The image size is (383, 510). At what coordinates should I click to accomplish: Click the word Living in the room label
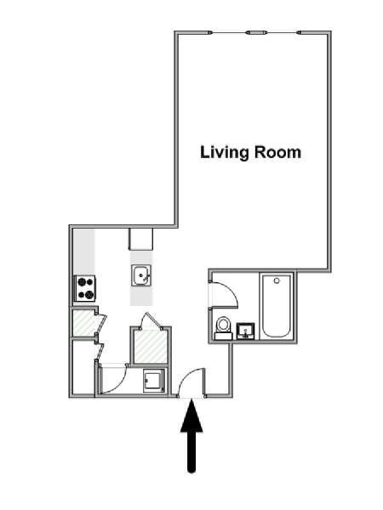(x=225, y=153)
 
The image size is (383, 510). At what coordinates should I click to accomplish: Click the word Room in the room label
(x=277, y=152)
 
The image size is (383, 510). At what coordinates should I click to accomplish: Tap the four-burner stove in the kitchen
(x=86, y=288)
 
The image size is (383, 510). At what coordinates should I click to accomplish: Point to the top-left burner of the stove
(x=82, y=281)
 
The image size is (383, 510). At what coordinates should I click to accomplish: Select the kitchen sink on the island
(x=141, y=275)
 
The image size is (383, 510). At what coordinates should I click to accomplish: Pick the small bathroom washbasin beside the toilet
(x=246, y=331)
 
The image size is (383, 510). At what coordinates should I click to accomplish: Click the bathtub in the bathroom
(x=277, y=306)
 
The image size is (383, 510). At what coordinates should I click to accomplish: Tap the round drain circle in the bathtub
(x=277, y=280)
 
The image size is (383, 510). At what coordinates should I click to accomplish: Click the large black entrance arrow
(x=191, y=436)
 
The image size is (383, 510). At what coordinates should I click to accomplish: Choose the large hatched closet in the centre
(x=151, y=347)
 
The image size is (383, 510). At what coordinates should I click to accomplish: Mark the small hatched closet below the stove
(x=84, y=323)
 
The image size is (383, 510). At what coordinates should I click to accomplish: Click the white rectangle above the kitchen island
(x=140, y=239)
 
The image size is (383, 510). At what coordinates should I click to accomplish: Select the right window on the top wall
(x=282, y=32)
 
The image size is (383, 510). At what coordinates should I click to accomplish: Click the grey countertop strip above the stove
(x=84, y=252)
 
